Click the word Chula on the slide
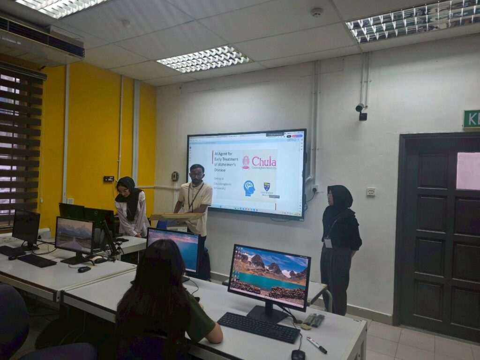[264, 162]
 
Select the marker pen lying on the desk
[317, 345]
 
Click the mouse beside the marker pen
[298, 355]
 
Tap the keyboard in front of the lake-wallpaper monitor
[259, 327]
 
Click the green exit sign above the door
[471, 119]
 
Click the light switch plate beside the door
[371, 191]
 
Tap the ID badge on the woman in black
[328, 242]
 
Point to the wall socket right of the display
[315, 188]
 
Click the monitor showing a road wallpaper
[74, 235]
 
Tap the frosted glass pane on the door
[468, 171]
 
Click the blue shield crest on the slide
[267, 187]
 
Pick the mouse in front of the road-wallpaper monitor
[84, 269]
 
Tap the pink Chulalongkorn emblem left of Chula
[246, 162]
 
